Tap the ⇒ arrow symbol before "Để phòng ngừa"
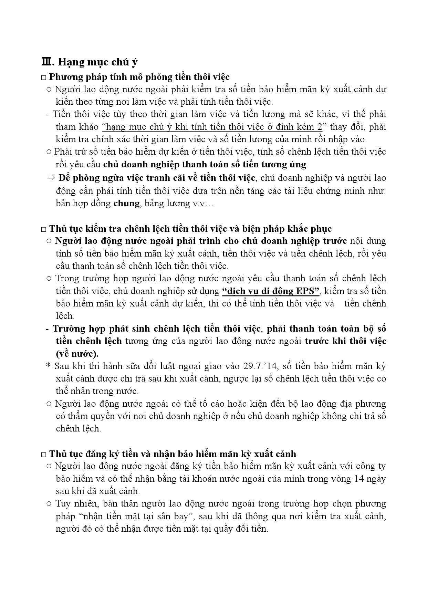(x=51, y=178)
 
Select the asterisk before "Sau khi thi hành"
(x=48, y=366)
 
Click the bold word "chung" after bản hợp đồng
(x=126, y=204)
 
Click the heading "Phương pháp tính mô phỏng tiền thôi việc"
(x=139, y=76)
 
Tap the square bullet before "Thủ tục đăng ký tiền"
(x=43, y=455)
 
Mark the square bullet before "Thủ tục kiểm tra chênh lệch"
(x=43, y=229)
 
